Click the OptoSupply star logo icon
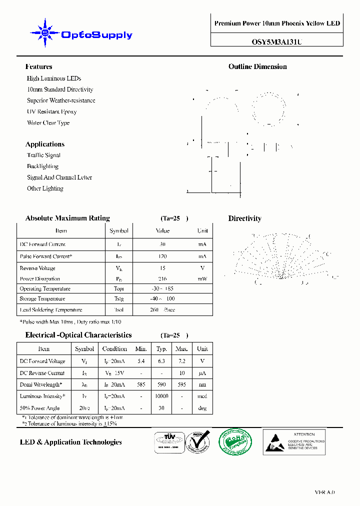pos(45,33)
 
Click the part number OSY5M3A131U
pos(276,42)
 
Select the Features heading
pos(38,66)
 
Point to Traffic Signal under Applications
pos(43,155)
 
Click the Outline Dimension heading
pos(257,66)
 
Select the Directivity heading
pos(244,218)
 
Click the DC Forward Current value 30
pos(162,244)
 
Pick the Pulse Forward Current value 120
pos(162,256)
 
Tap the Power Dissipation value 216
pos(162,279)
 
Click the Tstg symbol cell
pos(118,299)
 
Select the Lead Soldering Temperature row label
pos(50,310)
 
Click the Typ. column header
pos(161,349)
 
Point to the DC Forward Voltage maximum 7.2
pos(182,361)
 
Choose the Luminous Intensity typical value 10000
pos(161,396)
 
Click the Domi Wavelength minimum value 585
pos(141,384)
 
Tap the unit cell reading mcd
pos(202,396)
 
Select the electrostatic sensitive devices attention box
pos(294,442)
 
